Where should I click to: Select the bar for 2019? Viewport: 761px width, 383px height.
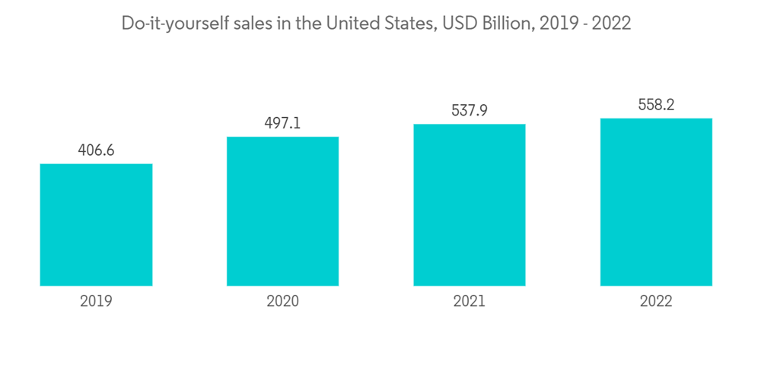[96, 225]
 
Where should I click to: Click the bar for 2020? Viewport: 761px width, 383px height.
[282, 211]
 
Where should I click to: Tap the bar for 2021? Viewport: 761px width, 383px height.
[470, 205]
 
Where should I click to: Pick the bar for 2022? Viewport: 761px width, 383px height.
[656, 202]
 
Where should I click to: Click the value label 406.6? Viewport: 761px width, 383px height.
[96, 150]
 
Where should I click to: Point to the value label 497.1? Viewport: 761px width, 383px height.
[282, 123]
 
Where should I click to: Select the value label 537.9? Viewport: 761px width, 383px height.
[470, 111]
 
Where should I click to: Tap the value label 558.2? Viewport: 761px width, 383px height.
[656, 105]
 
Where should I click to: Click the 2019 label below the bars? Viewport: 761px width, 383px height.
[96, 302]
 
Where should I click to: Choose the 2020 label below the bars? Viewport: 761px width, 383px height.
[282, 302]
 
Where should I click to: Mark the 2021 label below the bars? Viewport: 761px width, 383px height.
[470, 302]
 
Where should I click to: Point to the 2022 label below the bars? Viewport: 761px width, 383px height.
[656, 302]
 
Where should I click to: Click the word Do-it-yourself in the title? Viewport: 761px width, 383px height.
[173, 24]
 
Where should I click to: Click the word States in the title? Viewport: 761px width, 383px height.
[405, 24]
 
